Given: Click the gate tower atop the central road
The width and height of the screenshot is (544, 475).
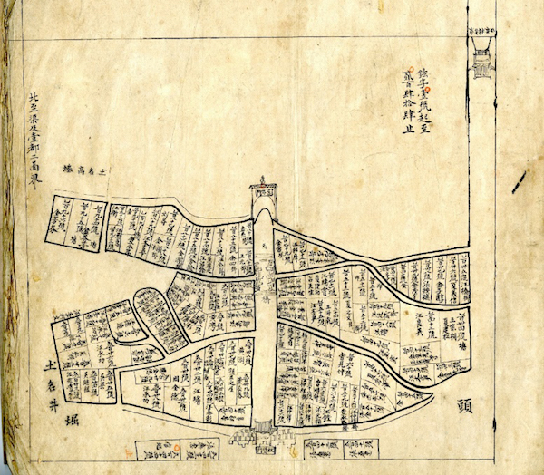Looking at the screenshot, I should [x=262, y=192].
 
